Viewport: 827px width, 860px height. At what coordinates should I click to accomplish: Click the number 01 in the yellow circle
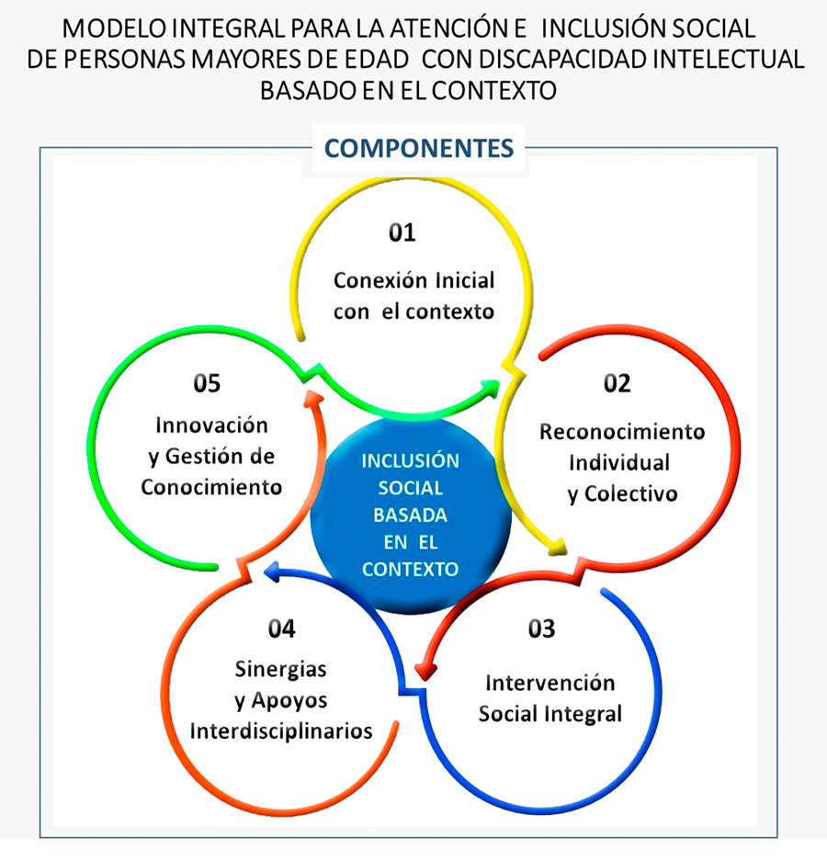(x=402, y=232)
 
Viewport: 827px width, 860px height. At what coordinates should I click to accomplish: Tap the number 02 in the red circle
(x=617, y=383)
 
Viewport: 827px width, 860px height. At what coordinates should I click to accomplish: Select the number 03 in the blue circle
(x=541, y=628)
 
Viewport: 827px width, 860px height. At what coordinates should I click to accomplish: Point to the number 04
(x=281, y=628)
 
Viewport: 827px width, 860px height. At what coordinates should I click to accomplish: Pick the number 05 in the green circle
(x=207, y=383)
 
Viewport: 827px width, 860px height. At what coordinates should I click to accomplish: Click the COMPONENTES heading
(x=419, y=149)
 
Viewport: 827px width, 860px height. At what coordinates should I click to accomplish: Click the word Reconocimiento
(x=622, y=432)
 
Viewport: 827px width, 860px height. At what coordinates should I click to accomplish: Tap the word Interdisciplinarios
(x=281, y=731)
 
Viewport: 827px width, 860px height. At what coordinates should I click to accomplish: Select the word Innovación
(x=211, y=425)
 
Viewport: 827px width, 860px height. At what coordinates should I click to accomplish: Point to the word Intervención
(x=550, y=683)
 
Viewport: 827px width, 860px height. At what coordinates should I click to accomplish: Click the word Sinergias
(x=281, y=670)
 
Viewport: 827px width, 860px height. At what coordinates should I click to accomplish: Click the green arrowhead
(x=490, y=389)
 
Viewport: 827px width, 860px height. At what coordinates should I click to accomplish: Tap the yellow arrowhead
(x=558, y=547)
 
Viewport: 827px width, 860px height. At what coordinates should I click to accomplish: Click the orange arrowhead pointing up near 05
(x=314, y=398)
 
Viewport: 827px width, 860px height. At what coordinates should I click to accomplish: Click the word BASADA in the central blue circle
(x=410, y=515)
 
